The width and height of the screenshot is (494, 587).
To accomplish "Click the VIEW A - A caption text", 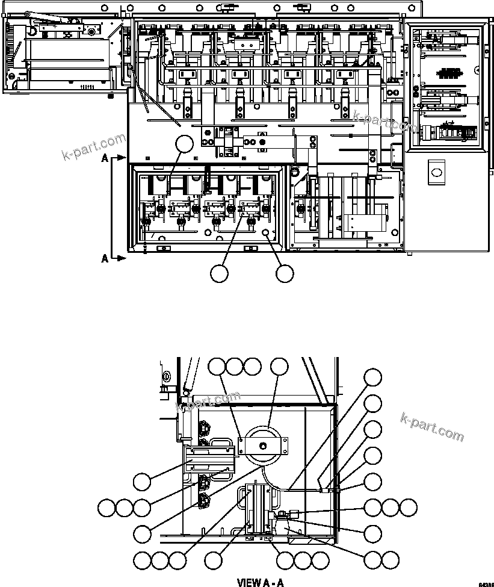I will pyautogui.click(x=260, y=582).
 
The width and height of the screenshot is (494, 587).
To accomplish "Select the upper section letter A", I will pyautogui.click(x=105, y=158).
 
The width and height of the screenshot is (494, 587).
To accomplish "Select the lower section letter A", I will pyautogui.click(x=105, y=258).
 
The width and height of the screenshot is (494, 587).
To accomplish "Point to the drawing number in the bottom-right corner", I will pyautogui.click(x=486, y=584).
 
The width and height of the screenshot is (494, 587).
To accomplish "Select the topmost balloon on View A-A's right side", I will pyautogui.click(x=373, y=377).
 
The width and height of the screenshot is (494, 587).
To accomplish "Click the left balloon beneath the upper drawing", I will pyautogui.click(x=220, y=273).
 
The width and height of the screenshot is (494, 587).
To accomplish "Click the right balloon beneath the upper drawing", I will pyautogui.click(x=285, y=273).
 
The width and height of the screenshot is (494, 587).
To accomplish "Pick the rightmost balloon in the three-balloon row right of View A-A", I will pyautogui.click(x=409, y=508).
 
